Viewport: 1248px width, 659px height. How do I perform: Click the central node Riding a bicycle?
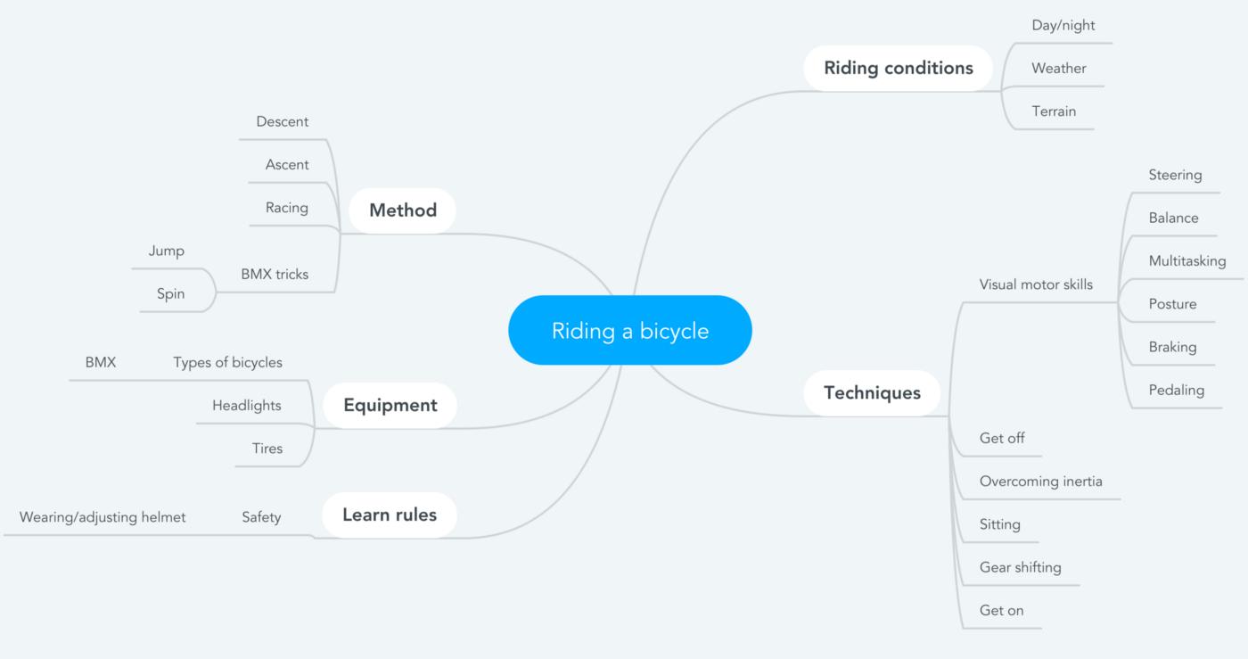tap(629, 331)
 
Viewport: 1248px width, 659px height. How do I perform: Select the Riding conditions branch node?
tap(898, 68)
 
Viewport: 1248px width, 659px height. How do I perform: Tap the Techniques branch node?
tap(872, 392)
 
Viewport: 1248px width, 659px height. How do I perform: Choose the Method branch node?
tap(402, 210)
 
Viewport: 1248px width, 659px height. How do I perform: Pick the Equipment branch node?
tap(390, 406)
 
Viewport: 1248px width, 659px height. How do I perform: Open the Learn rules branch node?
tap(389, 515)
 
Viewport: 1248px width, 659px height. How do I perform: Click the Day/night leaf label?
tap(1063, 25)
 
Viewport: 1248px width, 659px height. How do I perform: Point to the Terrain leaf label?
tap(1054, 111)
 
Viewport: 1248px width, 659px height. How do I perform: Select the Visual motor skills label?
tap(1036, 284)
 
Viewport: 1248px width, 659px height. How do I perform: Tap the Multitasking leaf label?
tap(1186, 261)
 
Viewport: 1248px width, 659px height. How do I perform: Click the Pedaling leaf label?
tap(1176, 390)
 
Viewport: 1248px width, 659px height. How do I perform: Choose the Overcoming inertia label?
tap(1040, 482)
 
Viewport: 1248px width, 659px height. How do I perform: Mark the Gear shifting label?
tap(1020, 567)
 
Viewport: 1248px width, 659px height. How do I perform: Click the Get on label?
tap(1001, 611)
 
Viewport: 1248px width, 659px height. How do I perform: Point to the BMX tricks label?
tap(275, 275)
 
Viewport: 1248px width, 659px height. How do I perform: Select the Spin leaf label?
tap(170, 293)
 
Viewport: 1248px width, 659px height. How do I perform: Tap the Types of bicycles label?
tap(227, 362)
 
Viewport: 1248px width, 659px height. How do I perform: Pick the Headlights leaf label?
tap(246, 406)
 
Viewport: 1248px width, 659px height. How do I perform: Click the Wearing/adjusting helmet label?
tap(103, 517)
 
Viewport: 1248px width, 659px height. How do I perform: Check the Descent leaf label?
tap(282, 121)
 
